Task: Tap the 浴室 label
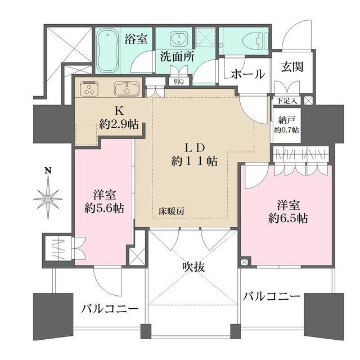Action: pos(136,39)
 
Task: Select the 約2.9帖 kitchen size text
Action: pos(119,124)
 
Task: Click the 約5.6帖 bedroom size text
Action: pos(103,208)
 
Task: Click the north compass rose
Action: pos(49,196)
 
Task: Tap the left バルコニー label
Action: pos(109,309)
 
